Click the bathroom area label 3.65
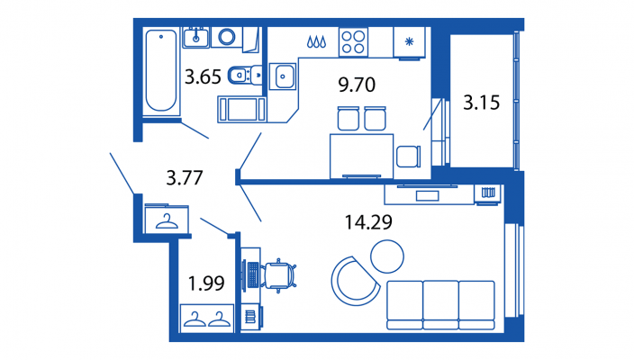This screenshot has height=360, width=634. [x=203, y=76]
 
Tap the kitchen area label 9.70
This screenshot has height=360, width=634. [x=357, y=85]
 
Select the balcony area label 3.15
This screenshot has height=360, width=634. [x=481, y=103]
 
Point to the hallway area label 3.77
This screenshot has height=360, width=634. [x=185, y=178]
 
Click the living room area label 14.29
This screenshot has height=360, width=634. [x=368, y=222]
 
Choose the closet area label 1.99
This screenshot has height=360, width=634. [x=206, y=283]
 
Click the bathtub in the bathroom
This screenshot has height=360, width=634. [x=161, y=70]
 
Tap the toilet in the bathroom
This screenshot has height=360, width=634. [x=245, y=75]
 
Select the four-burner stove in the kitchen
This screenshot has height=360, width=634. [x=353, y=42]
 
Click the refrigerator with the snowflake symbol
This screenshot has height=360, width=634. [x=409, y=42]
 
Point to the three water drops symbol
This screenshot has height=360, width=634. [x=317, y=41]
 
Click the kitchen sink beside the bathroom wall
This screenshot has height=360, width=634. [x=283, y=76]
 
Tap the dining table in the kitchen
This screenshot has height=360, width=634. [x=361, y=156]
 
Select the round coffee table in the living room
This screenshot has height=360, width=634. [x=387, y=256]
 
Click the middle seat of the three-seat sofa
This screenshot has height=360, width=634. [x=440, y=305]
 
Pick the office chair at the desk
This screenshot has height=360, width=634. [x=279, y=275]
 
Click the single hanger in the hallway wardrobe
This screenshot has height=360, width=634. [x=167, y=221]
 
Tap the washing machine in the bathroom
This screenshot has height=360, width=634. [x=226, y=37]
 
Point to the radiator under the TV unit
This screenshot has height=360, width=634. [x=488, y=193]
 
